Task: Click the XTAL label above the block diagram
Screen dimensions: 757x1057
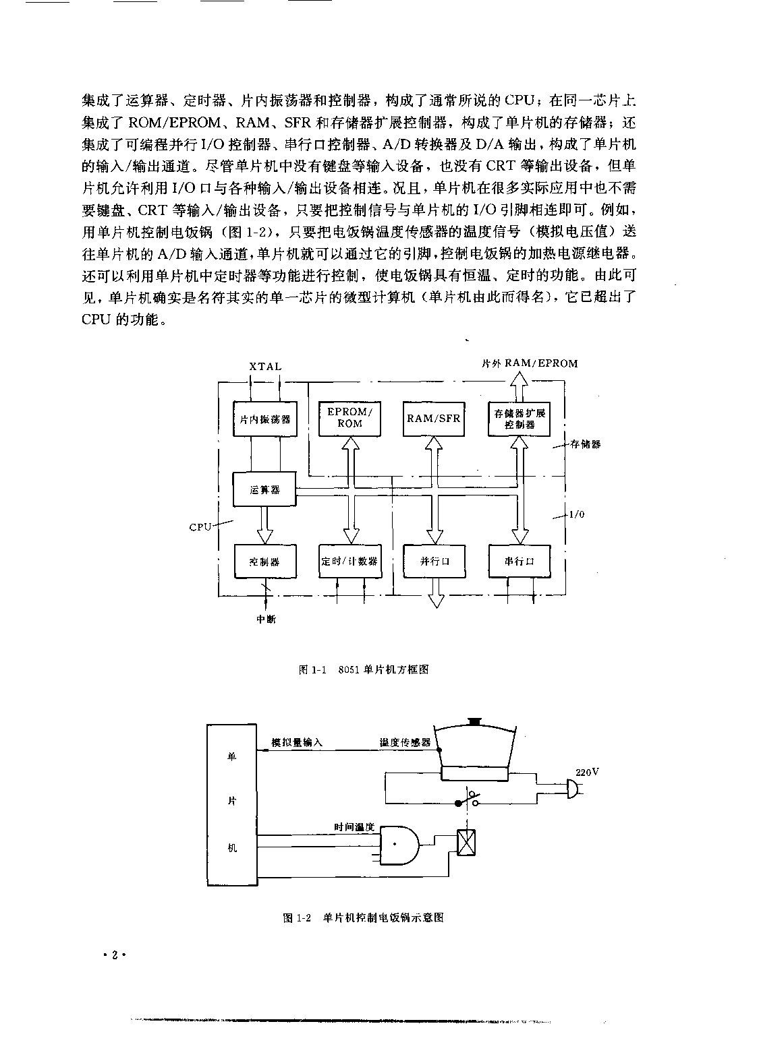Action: click(x=265, y=366)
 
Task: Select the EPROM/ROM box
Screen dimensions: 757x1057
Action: click(x=349, y=419)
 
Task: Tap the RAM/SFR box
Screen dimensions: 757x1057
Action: click(x=434, y=419)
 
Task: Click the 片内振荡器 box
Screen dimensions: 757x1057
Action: click(x=265, y=419)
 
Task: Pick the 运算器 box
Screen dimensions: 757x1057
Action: click(x=264, y=489)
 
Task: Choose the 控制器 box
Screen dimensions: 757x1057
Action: click(x=265, y=562)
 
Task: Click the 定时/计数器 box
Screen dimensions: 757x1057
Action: click(x=350, y=561)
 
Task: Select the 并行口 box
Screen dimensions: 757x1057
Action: click(x=434, y=561)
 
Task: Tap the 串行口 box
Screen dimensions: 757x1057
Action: click(x=519, y=561)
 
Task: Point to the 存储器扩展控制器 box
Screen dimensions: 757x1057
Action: click(x=519, y=419)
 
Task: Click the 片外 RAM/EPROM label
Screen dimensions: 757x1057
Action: click(x=530, y=363)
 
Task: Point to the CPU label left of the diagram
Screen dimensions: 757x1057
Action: click(x=200, y=527)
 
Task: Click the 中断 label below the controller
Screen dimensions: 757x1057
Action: click(x=266, y=619)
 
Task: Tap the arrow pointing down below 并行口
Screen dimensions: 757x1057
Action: click(x=435, y=593)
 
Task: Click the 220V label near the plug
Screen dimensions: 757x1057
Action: click(x=587, y=773)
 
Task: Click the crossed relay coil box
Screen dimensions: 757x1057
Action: click(x=466, y=843)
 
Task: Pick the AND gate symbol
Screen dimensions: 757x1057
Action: click(x=399, y=845)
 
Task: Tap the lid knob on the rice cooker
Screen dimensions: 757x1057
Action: click(x=474, y=722)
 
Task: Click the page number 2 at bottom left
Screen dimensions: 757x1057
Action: click(x=115, y=956)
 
